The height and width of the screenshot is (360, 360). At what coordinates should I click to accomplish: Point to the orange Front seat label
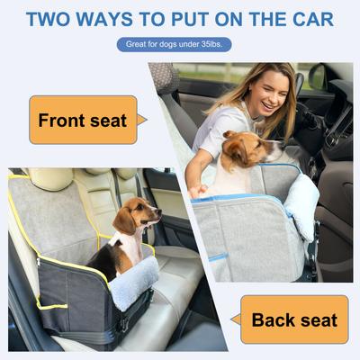click(x=83, y=120)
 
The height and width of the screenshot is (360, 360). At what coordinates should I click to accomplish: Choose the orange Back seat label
click(x=293, y=319)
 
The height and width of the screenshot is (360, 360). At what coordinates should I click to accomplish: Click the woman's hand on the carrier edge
click(x=200, y=191)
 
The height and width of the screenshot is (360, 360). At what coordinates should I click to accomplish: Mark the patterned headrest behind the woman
click(x=164, y=78)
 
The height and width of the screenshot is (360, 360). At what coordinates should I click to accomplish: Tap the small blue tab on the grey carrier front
click(x=215, y=256)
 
